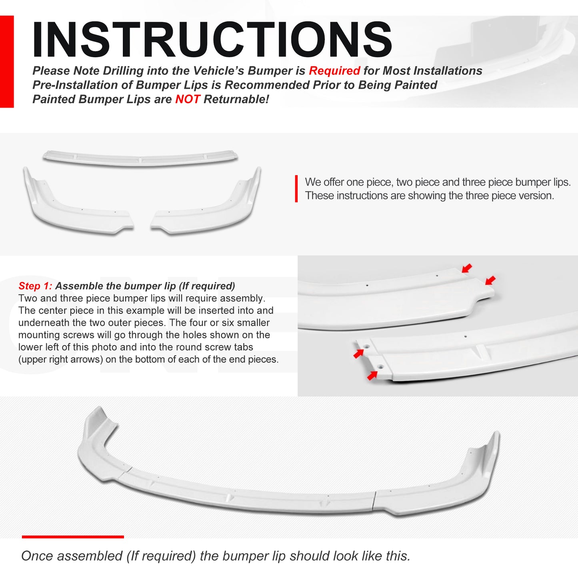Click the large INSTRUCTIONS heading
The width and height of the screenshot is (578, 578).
(212, 39)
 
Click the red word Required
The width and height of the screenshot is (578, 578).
(334, 71)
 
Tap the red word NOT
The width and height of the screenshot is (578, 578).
(187, 99)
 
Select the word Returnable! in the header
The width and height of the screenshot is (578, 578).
(236, 99)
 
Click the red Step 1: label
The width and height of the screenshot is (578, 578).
(35, 286)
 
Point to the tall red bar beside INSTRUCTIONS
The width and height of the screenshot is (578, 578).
(7, 62)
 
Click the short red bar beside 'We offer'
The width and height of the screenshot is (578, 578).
(296, 189)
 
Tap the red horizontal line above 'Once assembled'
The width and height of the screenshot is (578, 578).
(73, 537)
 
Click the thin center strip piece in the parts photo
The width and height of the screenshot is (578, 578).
(140, 158)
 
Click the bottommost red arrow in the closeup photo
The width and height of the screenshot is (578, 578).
(372, 376)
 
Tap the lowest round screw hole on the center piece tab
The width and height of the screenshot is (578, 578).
(380, 367)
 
